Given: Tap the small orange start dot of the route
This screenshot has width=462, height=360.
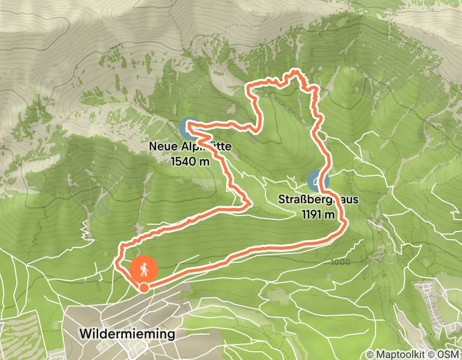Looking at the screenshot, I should point(144,287).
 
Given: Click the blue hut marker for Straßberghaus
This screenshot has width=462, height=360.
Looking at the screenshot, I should point(318,182).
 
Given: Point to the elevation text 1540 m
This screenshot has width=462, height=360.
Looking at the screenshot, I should point(190,161).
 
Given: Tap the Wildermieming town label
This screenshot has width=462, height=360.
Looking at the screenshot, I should point(128,334).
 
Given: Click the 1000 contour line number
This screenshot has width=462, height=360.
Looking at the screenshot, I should point(341,262).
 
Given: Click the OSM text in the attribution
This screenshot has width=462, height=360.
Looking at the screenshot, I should point(449,354).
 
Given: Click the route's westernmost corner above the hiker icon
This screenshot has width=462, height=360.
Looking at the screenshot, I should point(116,264).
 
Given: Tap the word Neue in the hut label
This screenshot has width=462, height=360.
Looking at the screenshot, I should point(159,147).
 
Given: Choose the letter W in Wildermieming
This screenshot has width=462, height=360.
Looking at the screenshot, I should point(85,334).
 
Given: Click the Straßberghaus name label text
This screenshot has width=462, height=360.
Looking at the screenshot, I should point(318,199).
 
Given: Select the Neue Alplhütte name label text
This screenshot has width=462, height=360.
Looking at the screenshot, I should point(190,147).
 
